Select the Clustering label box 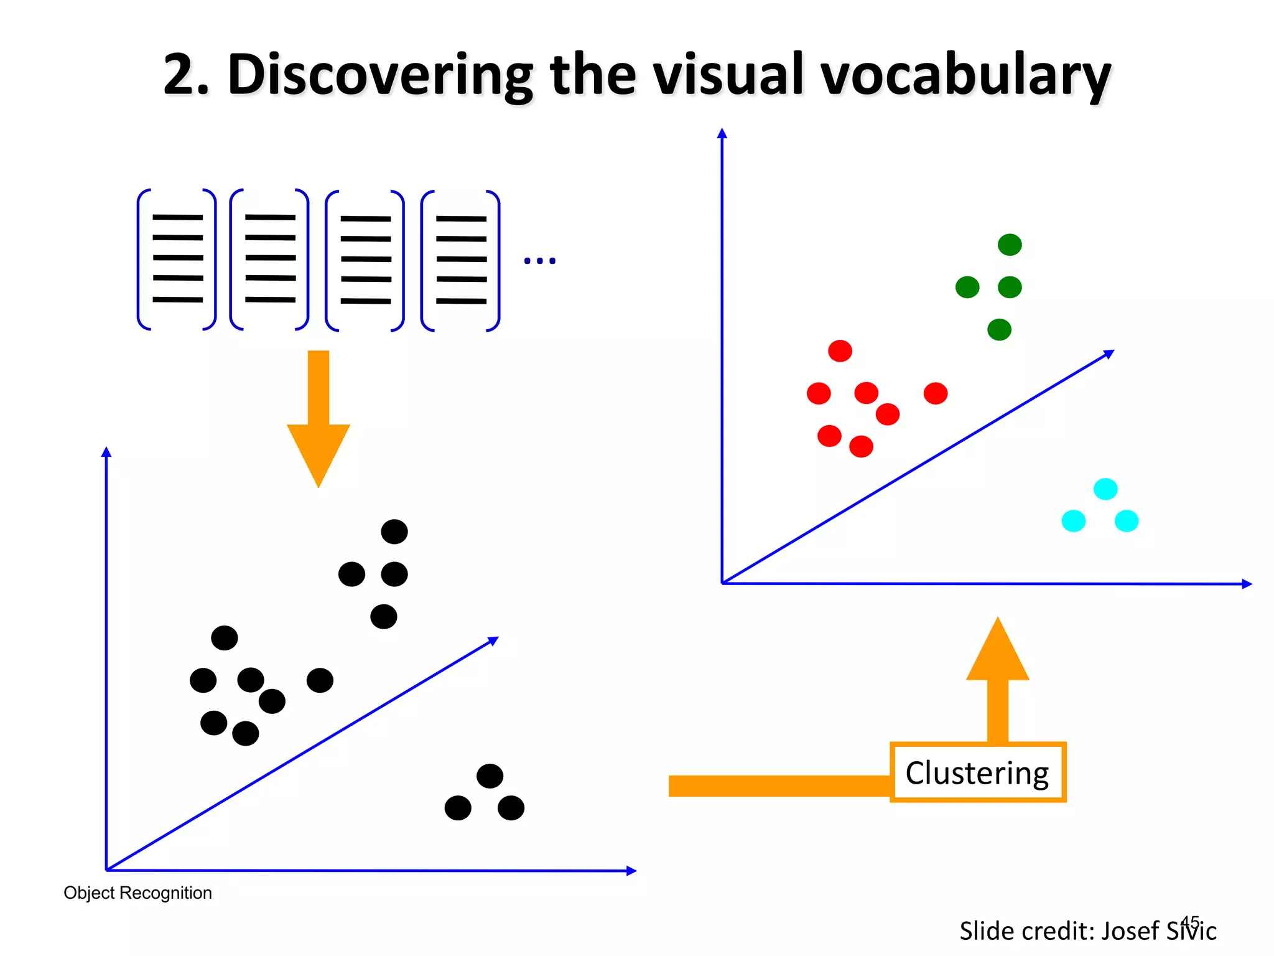977,772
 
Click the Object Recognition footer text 137,893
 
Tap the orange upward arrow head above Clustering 997,650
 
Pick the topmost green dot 1010,245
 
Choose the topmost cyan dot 1105,489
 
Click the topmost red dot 840,351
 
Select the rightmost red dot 936,393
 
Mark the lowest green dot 999,329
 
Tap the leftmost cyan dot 1073,521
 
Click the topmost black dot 394,532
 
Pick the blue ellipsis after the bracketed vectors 539,261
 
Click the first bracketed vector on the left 177,259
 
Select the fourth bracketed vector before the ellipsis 461,260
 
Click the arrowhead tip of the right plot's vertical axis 722,132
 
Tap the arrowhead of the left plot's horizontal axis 632,871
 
